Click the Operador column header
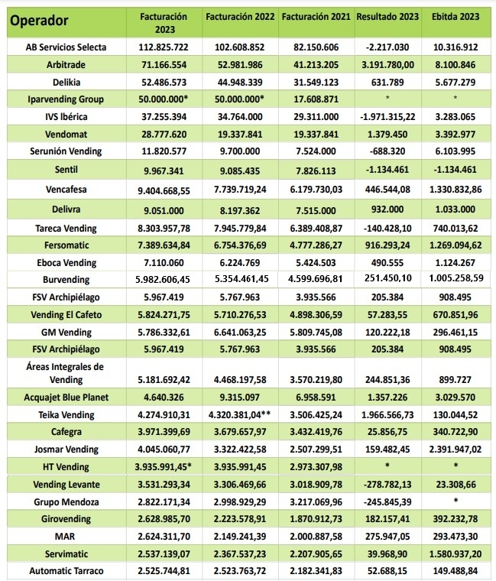pyautogui.click(x=39, y=20)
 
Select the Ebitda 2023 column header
pyautogui.click(x=456, y=16)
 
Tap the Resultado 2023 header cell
pyautogui.click(x=387, y=16)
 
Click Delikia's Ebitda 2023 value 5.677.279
pyautogui.click(x=456, y=81)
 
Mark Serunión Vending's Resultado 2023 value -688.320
pyautogui.click(x=387, y=151)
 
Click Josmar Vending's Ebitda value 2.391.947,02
pyautogui.click(x=456, y=450)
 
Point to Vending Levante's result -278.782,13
pyautogui.click(x=387, y=484)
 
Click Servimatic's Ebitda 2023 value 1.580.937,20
pyautogui.click(x=456, y=553)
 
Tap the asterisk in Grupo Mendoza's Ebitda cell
pyautogui.click(x=456, y=501)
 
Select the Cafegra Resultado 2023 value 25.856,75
pyautogui.click(x=387, y=432)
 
